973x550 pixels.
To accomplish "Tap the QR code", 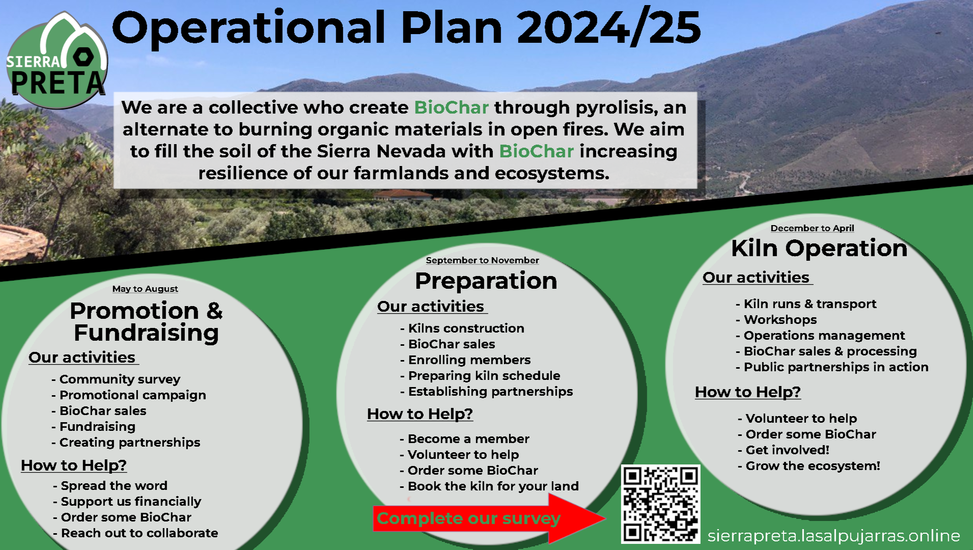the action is [x=660, y=504].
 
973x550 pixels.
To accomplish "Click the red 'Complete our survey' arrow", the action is [x=489, y=518].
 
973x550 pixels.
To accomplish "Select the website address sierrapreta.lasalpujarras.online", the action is [x=834, y=536].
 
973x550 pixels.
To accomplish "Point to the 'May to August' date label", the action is [x=145, y=289].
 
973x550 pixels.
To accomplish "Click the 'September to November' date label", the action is [x=482, y=260].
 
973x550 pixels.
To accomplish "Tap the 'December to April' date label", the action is [x=812, y=228].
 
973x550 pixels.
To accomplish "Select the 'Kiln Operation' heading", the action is [x=819, y=248].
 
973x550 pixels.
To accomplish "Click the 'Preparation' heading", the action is [x=486, y=281].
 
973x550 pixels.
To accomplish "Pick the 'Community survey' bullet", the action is [x=116, y=379].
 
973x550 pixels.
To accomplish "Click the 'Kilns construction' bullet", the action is [x=462, y=328].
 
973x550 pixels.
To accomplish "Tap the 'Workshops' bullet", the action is [x=776, y=320].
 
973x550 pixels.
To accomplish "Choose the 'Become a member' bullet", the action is [x=464, y=439].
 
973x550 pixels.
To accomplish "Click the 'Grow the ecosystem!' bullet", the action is [x=809, y=466].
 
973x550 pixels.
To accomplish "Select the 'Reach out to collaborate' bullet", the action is [x=135, y=533].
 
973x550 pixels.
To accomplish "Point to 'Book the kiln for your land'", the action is [x=489, y=486].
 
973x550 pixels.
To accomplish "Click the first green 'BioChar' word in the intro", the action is [x=452, y=107].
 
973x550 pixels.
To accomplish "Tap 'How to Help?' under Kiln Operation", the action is [x=748, y=392].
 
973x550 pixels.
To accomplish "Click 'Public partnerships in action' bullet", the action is [x=832, y=367].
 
